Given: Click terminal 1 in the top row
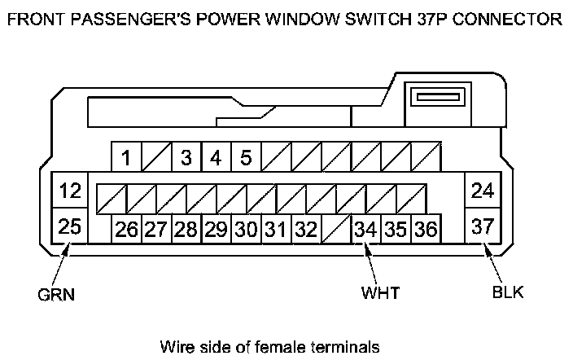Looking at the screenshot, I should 127,157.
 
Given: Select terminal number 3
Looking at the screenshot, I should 186,157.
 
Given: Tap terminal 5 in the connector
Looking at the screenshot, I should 245,157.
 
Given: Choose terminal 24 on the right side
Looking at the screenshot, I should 483,192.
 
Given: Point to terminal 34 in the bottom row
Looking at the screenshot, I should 365,229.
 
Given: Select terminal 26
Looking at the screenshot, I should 127,229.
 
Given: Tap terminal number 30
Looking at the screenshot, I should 245,229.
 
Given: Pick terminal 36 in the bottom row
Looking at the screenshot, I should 424,229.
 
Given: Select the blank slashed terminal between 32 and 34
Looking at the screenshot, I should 335,229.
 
